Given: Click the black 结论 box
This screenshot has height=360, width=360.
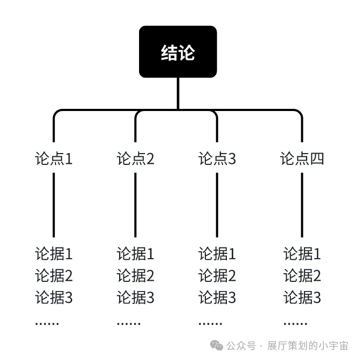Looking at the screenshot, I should (178, 52).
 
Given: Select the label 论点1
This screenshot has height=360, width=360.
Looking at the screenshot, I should (54, 159).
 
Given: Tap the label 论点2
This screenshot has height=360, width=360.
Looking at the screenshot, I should (135, 159).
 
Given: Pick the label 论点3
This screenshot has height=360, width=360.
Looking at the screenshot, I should (217, 159).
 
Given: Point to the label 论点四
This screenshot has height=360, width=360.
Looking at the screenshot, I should (302, 159).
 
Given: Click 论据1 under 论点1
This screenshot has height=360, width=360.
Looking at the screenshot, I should (54, 253).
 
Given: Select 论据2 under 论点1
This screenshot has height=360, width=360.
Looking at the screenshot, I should (54, 275).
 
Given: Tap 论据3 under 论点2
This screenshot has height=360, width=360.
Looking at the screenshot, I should (135, 297).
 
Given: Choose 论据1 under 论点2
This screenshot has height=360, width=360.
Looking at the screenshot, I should (135, 253).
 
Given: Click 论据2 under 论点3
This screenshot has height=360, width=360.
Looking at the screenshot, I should (217, 275).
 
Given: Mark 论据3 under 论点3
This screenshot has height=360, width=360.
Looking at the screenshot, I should (217, 297).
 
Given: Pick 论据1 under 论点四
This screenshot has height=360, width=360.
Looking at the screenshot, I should (302, 253).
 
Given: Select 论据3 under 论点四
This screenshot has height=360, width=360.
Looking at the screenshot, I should (302, 297).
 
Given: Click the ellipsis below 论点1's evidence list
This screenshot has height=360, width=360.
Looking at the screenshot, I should (47, 323).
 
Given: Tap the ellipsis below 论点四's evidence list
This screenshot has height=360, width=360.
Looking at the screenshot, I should (295, 323).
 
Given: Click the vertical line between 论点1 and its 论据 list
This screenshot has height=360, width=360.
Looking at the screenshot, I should (54, 205).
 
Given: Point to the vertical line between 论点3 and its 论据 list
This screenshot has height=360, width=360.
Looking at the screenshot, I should (217, 205).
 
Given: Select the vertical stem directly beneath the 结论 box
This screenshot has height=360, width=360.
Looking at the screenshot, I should (178, 93).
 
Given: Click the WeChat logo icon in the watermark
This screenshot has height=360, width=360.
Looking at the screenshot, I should (217, 345).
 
